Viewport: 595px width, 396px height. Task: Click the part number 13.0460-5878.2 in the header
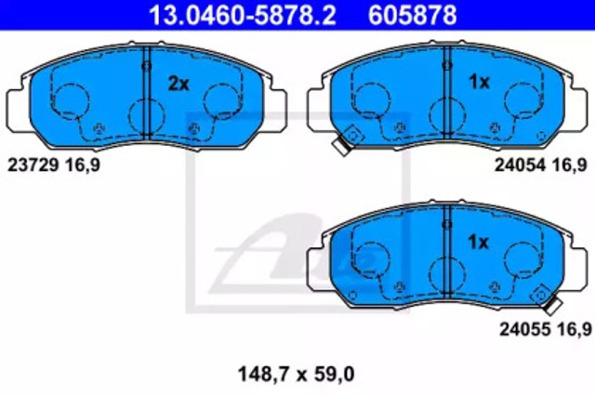[x=242, y=15]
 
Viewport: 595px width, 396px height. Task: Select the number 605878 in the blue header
[x=412, y=15]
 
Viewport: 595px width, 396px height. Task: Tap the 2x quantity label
[x=178, y=84]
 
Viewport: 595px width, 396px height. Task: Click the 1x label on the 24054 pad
[x=480, y=82]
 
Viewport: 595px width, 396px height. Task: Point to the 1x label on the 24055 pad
[x=479, y=242]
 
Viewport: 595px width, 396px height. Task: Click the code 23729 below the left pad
[x=33, y=165]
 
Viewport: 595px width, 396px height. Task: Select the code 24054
[x=520, y=165]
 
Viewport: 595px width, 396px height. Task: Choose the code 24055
[x=524, y=329]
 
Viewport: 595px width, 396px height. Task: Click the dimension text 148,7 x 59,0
[x=296, y=374]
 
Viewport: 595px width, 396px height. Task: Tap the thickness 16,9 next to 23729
[x=83, y=165]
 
